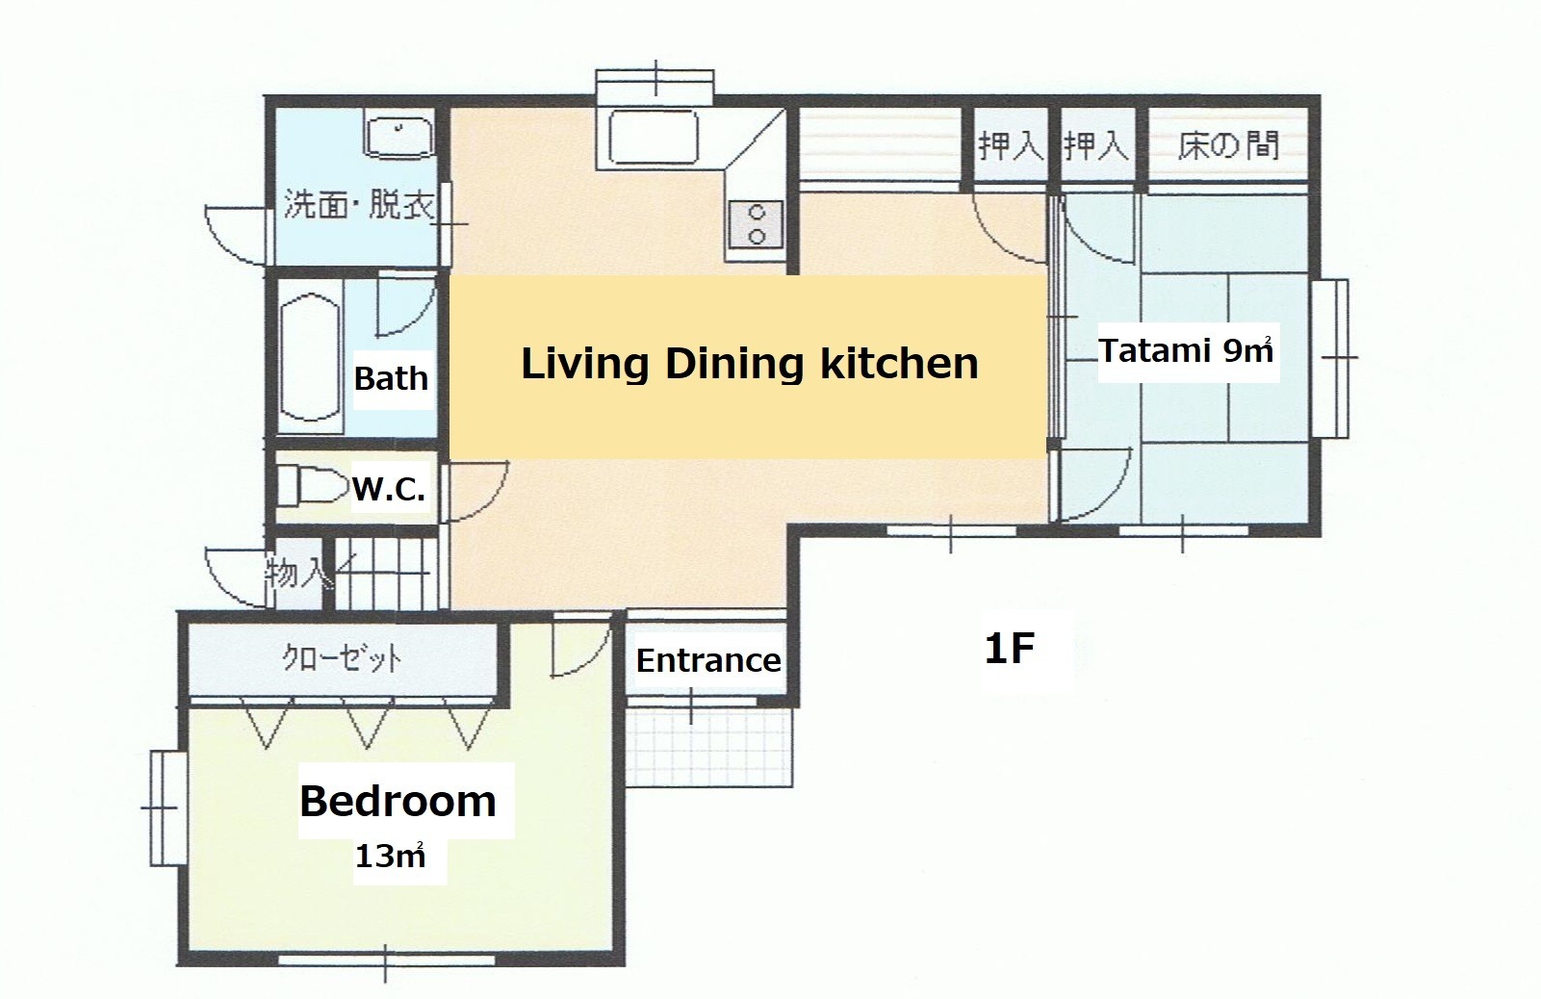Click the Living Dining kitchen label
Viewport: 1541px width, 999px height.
[x=749, y=364]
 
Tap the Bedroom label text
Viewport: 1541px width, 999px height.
[x=398, y=802]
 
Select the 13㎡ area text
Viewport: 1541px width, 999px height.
[x=390, y=856]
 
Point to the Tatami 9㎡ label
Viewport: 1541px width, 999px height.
[x=1186, y=351]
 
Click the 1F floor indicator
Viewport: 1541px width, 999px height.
[x=1010, y=648]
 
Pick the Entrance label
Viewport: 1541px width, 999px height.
[x=707, y=660]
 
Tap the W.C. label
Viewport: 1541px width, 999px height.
[x=389, y=489]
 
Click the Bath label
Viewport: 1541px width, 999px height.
[x=391, y=378]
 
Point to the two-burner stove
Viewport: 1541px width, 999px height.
[x=756, y=224]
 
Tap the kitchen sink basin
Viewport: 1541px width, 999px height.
[x=654, y=137]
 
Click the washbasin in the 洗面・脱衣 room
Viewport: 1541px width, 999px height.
[x=399, y=137]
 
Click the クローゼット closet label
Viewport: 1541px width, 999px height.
[x=342, y=658]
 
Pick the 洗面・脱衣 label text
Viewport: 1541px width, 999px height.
[x=359, y=204]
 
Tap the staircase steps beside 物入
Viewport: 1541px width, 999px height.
[x=386, y=574]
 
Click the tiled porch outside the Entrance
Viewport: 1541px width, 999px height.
[x=709, y=747]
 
